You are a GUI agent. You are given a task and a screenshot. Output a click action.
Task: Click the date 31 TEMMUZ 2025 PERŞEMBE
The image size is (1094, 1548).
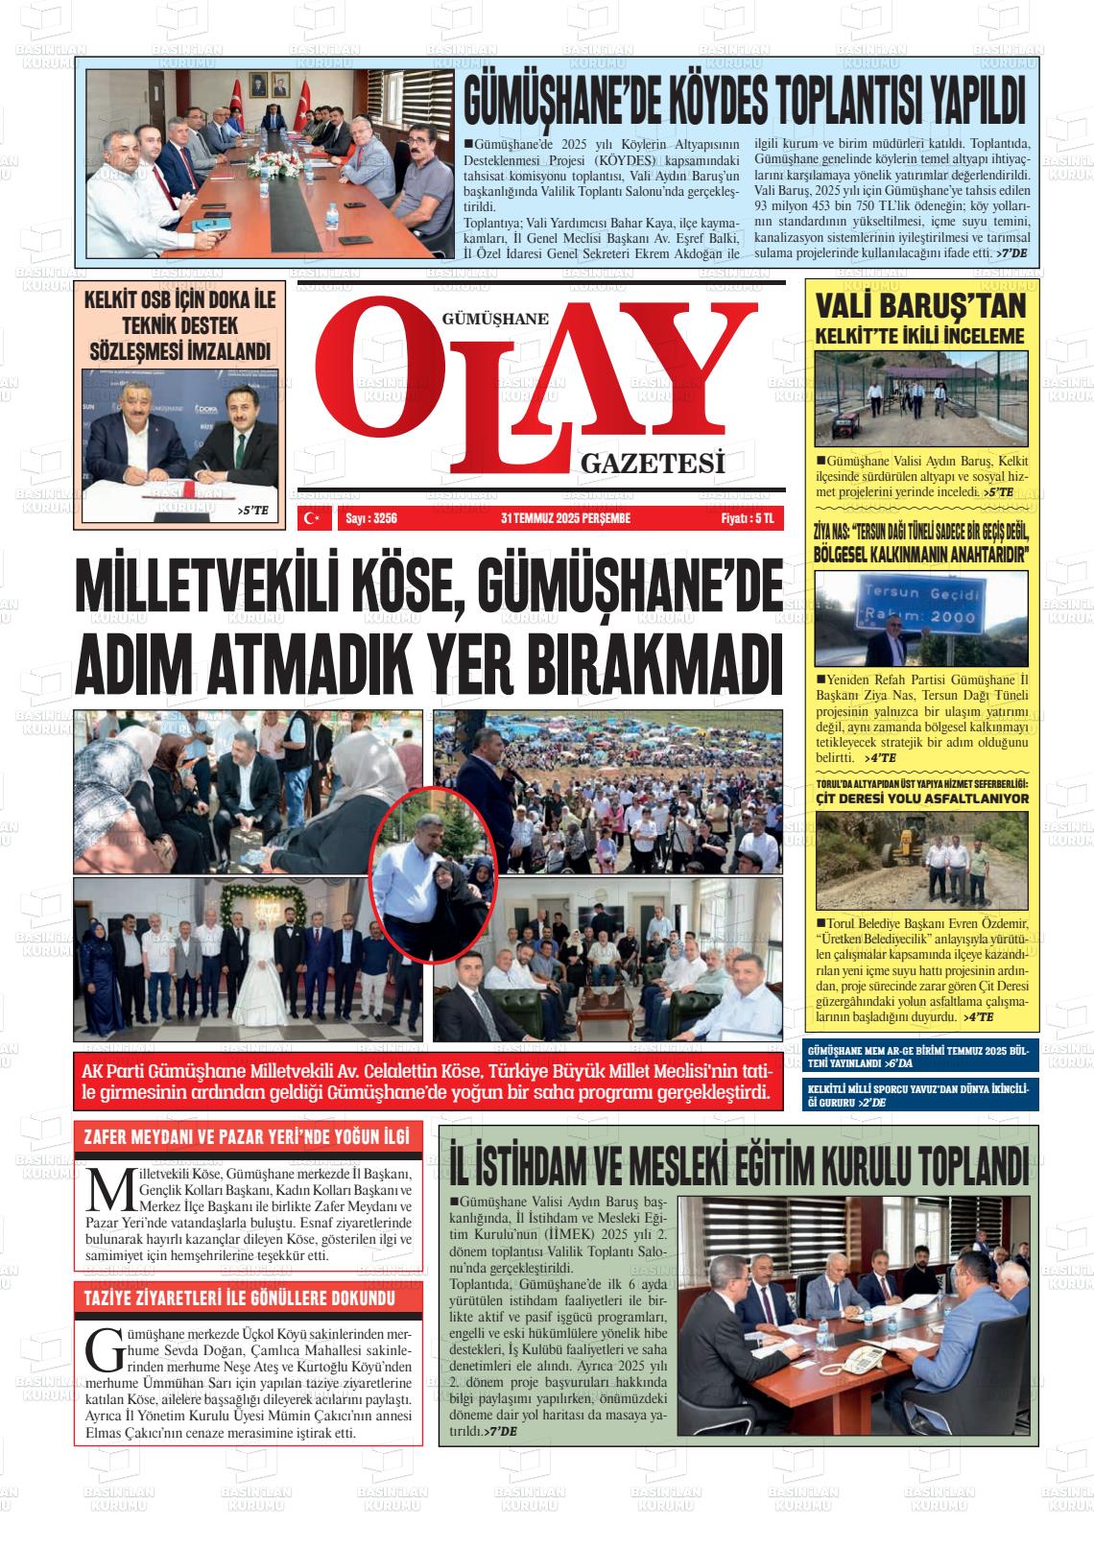(x=565, y=519)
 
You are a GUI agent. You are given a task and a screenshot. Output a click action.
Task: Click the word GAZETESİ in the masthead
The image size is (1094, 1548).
(x=652, y=464)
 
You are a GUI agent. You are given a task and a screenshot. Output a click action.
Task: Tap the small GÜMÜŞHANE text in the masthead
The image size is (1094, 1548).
(x=494, y=320)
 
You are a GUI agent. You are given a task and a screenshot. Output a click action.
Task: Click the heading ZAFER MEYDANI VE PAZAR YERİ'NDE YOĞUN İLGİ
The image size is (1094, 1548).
(x=247, y=1139)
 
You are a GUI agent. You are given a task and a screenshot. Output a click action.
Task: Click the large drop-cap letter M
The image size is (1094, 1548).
(x=106, y=1190)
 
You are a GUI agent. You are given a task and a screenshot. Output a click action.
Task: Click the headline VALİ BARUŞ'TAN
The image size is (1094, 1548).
(x=920, y=306)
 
